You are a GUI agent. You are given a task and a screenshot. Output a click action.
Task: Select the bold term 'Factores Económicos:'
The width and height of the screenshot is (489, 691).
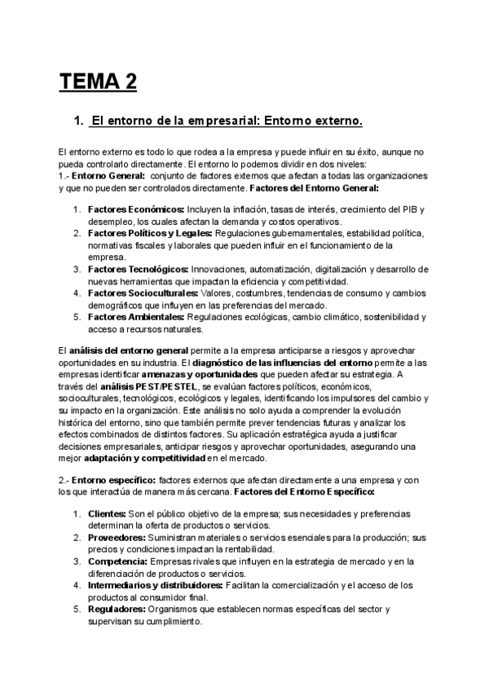[136, 209]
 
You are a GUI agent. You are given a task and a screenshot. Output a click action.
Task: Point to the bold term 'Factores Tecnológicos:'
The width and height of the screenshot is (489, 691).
[139, 269]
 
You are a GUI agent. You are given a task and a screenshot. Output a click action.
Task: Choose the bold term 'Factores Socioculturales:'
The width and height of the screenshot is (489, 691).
[143, 293]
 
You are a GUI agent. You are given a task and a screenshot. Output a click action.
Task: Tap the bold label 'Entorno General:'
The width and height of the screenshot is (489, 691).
[108, 175]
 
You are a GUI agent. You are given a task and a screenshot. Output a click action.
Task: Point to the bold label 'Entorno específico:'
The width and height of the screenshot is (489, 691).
[114, 481]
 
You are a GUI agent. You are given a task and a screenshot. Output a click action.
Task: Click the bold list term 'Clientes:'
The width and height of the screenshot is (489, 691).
[105, 513]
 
